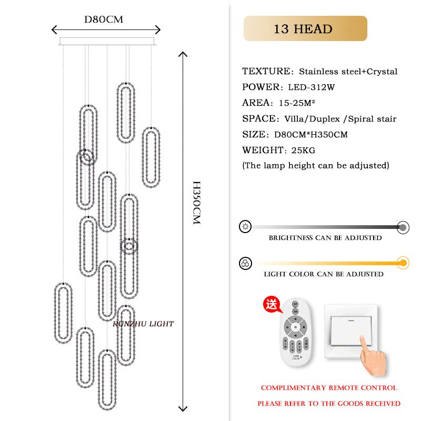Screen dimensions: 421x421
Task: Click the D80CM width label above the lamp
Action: [x=104, y=19]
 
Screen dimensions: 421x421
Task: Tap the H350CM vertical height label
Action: [x=196, y=203]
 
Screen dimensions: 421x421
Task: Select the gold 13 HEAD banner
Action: [x=305, y=28]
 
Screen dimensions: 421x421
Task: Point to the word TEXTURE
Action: [x=267, y=72]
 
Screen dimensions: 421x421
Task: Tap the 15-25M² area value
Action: [x=296, y=103]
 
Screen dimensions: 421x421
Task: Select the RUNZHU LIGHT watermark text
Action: [x=143, y=324]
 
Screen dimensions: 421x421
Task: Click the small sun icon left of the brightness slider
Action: [x=245, y=227]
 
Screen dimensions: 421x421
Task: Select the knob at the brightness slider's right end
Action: [x=403, y=227]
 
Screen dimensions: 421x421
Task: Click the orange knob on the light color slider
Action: [x=403, y=263]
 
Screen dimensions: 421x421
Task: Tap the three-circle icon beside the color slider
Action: [x=245, y=263]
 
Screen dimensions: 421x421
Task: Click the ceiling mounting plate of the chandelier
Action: [x=107, y=41]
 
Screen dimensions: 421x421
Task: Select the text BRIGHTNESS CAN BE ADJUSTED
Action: [x=325, y=238]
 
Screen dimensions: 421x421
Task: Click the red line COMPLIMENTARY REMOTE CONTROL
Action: [x=329, y=388]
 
